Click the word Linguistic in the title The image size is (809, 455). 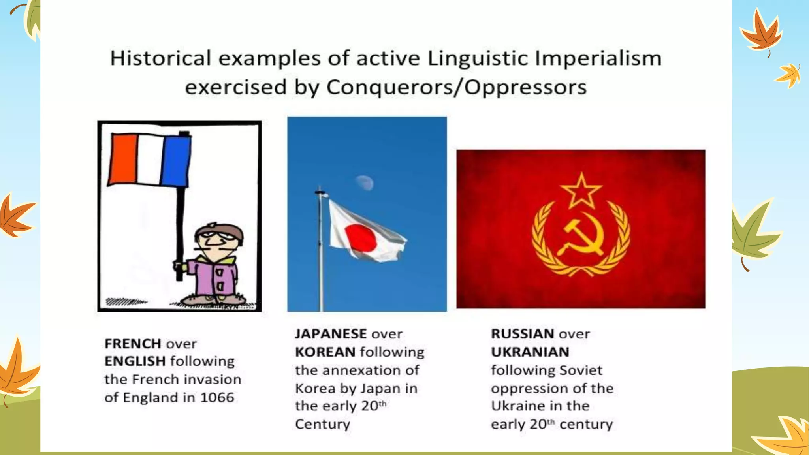coord(478,58)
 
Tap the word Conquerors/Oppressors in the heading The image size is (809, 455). coord(456,87)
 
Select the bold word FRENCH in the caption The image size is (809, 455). coord(133,344)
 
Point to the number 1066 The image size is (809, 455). coord(217,397)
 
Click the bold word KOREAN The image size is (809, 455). coord(325,352)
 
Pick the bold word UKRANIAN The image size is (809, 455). coord(530,352)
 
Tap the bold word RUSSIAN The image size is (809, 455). coord(521,334)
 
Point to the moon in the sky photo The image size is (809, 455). coord(365,182)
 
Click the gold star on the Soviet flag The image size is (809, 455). coord(581,191)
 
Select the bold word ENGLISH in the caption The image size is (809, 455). coord(135,361)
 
